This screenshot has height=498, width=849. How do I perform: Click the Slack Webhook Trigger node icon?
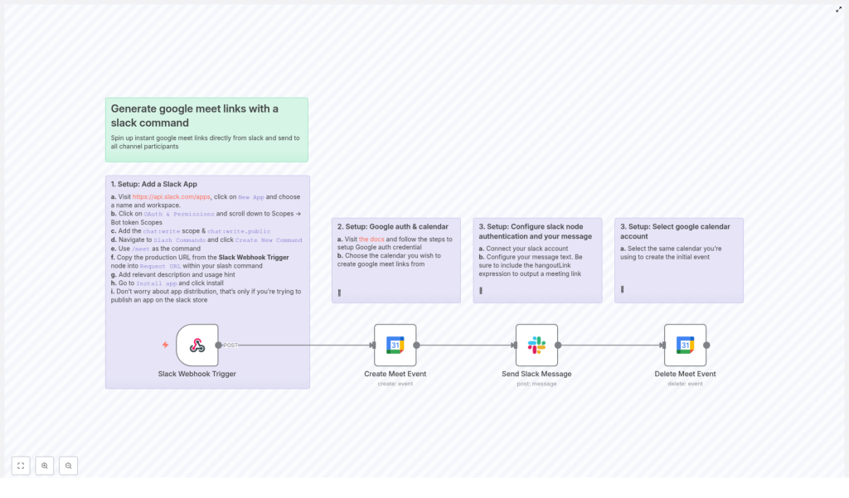pos(197,345)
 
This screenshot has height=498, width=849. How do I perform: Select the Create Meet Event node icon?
pos(395,345)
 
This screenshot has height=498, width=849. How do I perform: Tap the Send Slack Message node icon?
pos(536,345)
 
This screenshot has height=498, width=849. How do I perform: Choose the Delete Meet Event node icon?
pos(685,345)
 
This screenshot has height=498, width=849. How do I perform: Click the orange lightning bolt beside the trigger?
pos(165,345)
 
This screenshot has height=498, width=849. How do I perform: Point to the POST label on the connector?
pos(230,345)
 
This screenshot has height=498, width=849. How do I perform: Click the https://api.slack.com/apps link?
pos(172,196)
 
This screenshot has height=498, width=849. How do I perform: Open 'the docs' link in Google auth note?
pos(371,239)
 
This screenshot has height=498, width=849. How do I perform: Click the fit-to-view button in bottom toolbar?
pos(21,466)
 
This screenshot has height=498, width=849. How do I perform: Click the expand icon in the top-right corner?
pos(838,10)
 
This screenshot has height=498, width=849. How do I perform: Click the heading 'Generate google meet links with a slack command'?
pos(195,115)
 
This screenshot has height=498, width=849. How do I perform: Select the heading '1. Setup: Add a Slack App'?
pos(154,184)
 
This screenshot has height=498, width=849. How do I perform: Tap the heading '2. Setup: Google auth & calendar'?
pos(392,226)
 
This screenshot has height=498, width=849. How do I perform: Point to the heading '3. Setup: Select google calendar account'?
pos(677,230)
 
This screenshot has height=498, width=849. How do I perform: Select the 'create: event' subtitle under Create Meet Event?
pos(395,384)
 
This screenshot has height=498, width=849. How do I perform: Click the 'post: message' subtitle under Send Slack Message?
pos(536,384)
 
